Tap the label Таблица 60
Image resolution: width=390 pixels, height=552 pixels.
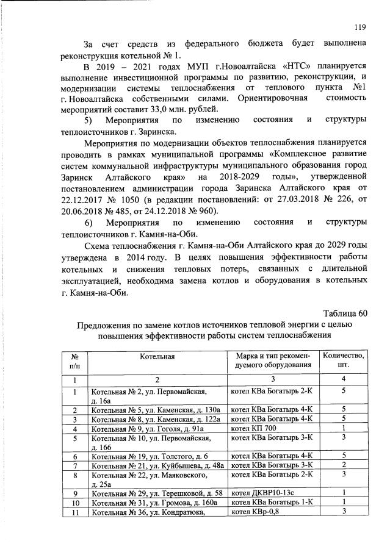[345, 313]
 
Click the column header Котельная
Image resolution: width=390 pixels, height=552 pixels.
[157, 356]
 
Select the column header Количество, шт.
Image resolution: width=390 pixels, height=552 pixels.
[344, 360]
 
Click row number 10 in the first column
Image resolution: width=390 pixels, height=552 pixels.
[76, 503]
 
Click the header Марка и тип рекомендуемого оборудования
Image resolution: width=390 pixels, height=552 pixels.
[273, 360]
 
